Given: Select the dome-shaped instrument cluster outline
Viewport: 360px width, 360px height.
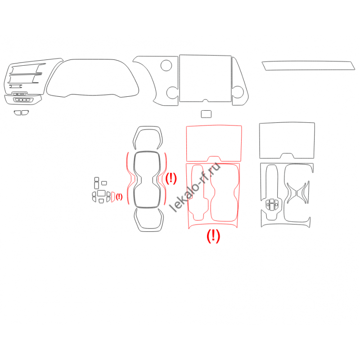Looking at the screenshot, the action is point(93,59).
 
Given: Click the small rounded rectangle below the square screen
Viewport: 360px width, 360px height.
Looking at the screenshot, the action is point(206,114).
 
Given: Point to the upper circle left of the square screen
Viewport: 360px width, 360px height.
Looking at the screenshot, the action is point(166,65).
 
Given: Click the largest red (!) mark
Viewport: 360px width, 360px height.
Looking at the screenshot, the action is point(213,236).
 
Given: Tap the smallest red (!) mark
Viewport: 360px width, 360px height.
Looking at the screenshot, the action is point(119,197).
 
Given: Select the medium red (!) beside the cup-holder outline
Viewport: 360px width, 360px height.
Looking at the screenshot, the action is point(171,178).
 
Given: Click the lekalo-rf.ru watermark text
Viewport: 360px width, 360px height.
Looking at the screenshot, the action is point(195,187).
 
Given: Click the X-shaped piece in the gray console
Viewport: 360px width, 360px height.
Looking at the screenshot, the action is point(298,193).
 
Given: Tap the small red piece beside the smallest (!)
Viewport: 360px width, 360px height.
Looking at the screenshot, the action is point(113,197).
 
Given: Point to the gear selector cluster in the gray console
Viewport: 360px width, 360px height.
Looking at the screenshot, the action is point(272,204).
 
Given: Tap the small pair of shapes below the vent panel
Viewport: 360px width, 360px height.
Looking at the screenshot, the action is point(21,113).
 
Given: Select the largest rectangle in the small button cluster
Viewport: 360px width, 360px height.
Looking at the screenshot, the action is point(101,193).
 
